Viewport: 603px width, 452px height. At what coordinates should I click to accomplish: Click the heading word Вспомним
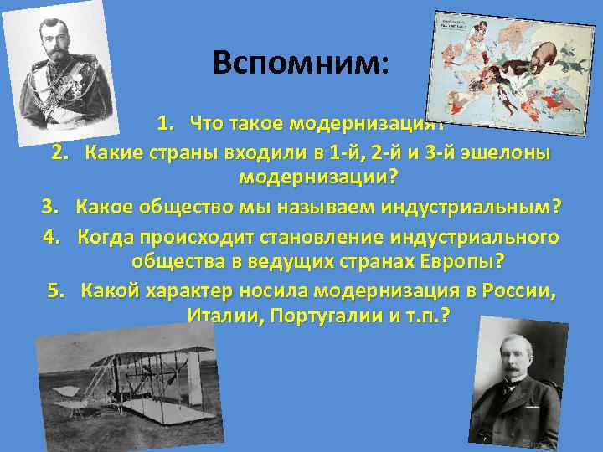click(x=300, y=62)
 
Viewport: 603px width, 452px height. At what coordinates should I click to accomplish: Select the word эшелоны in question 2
click(x=502, y=152)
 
